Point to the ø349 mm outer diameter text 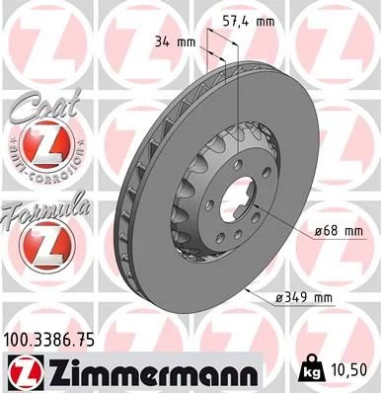(331, 296)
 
